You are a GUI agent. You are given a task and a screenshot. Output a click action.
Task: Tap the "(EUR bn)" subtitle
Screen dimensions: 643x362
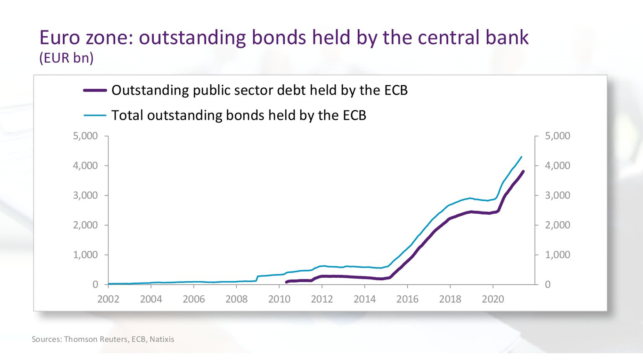(x=66, y=58)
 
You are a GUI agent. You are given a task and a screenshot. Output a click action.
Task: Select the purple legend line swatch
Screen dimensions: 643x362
(x=95, y=90)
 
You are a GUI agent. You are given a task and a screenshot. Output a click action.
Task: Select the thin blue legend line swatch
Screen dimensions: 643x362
(x=95, y=115)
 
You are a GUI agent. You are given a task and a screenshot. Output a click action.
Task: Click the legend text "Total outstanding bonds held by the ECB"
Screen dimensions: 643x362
(x=239, y=115)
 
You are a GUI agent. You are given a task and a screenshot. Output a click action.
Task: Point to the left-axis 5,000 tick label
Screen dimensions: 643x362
(x=85, y=136)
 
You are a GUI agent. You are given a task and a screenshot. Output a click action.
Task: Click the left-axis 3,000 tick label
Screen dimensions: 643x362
(x=85, y=195)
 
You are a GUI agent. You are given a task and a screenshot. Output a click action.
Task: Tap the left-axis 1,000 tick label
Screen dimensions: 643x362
(x=85, y=255)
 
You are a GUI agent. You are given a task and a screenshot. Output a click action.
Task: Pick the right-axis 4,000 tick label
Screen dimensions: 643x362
(x=557, y=166)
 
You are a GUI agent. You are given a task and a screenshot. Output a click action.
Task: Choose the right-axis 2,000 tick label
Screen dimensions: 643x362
(x=557, y=225)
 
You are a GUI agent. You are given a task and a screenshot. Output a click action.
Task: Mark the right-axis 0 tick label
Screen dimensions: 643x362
(x=548, y=285)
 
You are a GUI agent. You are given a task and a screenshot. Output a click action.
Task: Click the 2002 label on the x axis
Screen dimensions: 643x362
(x=108, y=299)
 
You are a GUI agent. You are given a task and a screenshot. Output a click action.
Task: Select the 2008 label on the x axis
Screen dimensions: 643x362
(x=236, y=299)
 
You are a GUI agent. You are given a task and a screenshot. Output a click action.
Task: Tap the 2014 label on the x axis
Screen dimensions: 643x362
(x=365, y=299)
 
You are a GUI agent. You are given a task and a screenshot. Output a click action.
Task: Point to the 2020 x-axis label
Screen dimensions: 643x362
(x=493, y=299)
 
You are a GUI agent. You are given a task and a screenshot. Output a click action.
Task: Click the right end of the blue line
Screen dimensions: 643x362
(x=521, y=157)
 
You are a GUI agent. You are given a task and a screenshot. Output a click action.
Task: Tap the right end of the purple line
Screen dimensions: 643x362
(x=523, y=172)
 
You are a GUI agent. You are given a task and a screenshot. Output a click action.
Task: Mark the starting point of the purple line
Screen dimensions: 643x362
(x=286, y=282)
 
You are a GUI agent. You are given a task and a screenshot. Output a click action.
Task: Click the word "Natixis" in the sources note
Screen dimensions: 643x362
(x=162, y=339)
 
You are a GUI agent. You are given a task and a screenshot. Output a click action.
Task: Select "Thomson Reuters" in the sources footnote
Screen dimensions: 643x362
(x=95, y=339)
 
